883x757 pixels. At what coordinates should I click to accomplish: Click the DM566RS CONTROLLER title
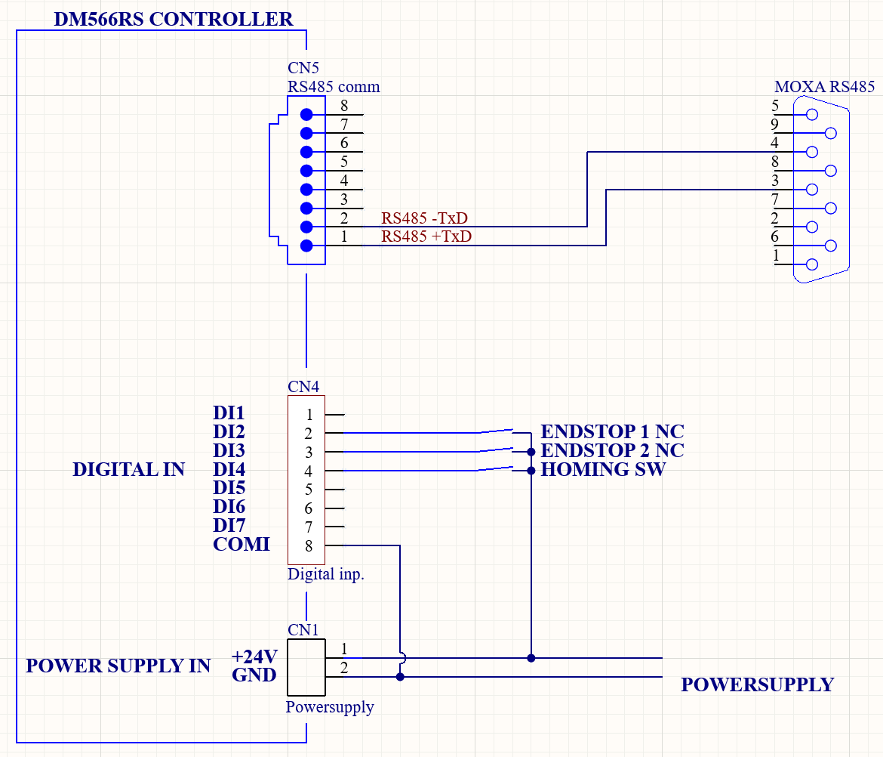(x=174, y=19)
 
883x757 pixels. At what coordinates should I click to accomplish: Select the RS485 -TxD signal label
(x=424, y=218)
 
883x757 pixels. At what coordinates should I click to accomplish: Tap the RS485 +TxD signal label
(x=426, y=236)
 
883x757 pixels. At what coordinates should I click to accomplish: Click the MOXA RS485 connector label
(x=824, y=86)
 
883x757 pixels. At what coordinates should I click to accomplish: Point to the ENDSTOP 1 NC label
(x=612, y=432)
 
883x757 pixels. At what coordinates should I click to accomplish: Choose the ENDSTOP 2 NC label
(x=612, y=451)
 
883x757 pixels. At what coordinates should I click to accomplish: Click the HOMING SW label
(x=603, y=469)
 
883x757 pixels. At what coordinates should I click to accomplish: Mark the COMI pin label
(x=242, y=544)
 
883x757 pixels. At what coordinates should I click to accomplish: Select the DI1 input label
(x=229, y=413)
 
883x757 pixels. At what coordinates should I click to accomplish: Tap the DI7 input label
(x=229, y=525)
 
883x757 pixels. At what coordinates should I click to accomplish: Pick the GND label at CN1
(x=254, y=675)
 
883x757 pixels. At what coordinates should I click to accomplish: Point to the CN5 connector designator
(x=303, y=69)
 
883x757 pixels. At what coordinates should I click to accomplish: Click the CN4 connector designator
(x=303, y=387)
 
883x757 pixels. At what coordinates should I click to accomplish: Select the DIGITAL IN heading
(x=128, y=469)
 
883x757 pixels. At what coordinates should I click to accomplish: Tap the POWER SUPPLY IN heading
(x=118, y=666)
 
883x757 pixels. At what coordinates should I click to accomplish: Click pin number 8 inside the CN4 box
(x=309, y=545)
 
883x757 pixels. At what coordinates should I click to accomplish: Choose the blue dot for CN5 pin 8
(x=306, y=115)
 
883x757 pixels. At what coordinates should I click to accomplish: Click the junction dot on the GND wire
(x=400, y=677)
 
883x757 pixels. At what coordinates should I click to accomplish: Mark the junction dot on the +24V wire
(x=531, y=658)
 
